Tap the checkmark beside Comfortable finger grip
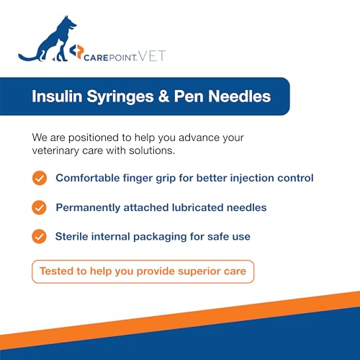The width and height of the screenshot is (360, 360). click(40, 178)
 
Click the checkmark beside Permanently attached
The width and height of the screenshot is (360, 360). click(40, 207)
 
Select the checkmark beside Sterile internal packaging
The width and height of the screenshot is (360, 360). click(40, 236)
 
